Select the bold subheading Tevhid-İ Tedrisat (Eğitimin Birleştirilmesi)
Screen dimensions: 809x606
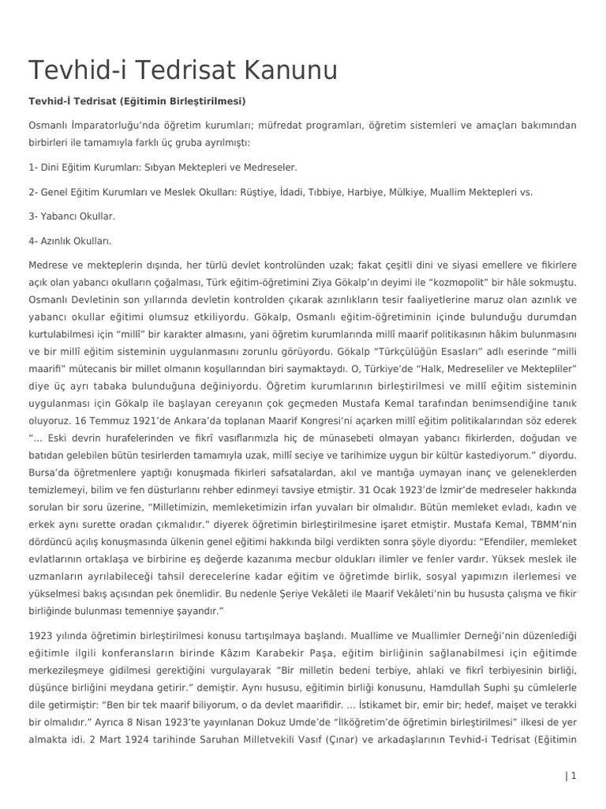point(137,101)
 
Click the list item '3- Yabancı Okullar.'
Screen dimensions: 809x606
point(72,216)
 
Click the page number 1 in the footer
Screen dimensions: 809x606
point(574,776)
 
